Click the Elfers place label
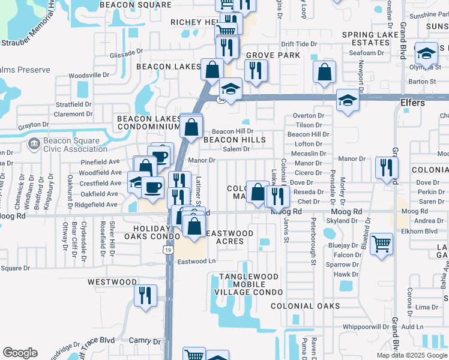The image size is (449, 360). [412, 103]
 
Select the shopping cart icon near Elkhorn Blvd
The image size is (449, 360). [381, 245]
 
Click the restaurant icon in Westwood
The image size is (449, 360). [145, 296]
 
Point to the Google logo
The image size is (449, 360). [20, 353]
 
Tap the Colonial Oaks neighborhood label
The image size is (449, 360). [305, 306]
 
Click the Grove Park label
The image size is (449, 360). [272, 55]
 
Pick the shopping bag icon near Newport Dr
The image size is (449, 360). [324, 74]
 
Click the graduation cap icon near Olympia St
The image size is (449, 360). [426, 55]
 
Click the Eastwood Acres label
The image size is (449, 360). [230, 237]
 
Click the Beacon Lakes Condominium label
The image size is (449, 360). [149, 123]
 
